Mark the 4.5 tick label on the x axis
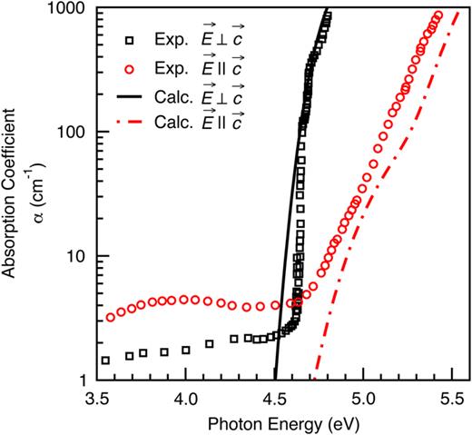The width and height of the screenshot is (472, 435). click(x=274, y=397)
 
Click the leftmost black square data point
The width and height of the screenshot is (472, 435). click(x=105, y=361)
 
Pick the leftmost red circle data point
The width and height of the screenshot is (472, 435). click(x=111, y=318)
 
